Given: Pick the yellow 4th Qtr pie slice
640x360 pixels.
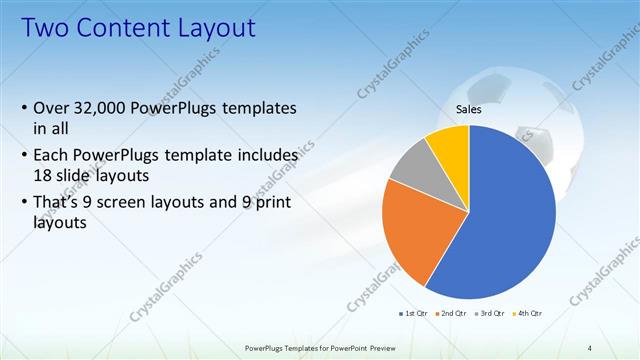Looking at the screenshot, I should (x=448, y=148).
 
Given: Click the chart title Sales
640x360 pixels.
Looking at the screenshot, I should (x=468, y=110).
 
